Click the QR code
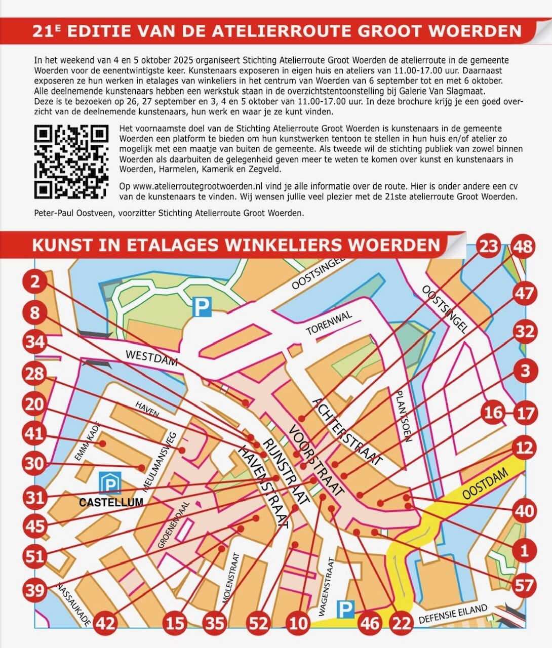[x=71, y=162]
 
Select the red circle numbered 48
[x=523, y=247]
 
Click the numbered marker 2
[x=35, y=281]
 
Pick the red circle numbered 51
[x=35, y=557]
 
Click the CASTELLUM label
[x=111, y=502]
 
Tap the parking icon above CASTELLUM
[x=110, y=482]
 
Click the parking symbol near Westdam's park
[x=203, y=306]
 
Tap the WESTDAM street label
[x=152, y=358]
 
